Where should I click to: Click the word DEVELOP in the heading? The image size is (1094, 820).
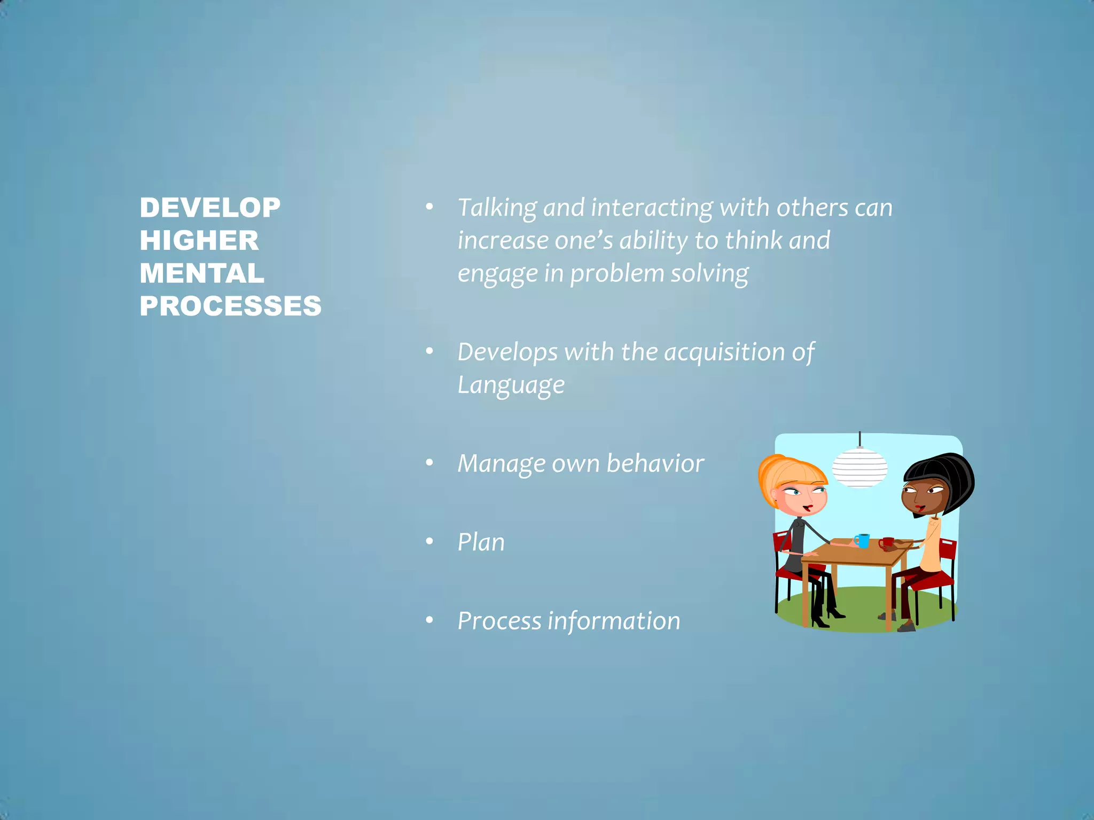tap(210, 208)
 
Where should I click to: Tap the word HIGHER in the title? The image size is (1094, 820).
tap(199, 241)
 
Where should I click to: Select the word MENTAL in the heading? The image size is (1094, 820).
tap(202, 273)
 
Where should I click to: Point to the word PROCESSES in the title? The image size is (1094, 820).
tap(231, 306)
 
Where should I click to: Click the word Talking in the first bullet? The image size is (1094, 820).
tap(497, 208)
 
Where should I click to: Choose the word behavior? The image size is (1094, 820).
tap(655, 463)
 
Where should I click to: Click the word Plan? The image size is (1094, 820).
tap(481, 542)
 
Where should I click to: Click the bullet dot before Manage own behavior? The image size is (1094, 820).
tap(429, 463)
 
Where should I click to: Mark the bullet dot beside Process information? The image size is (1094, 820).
tap(429, 621)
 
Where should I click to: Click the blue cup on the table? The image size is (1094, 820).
tap(862, 540)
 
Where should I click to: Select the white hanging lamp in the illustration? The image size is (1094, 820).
tap(859, 468)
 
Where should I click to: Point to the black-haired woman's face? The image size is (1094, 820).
tap(920, 496)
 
